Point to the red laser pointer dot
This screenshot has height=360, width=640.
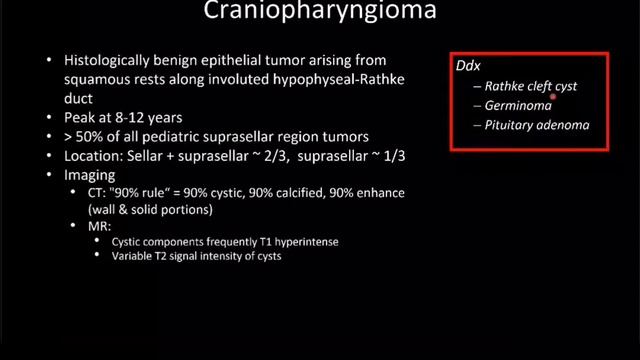click(553, 100)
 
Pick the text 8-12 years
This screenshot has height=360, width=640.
click(142, 117)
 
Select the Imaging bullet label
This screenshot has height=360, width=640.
click(88, 173)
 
